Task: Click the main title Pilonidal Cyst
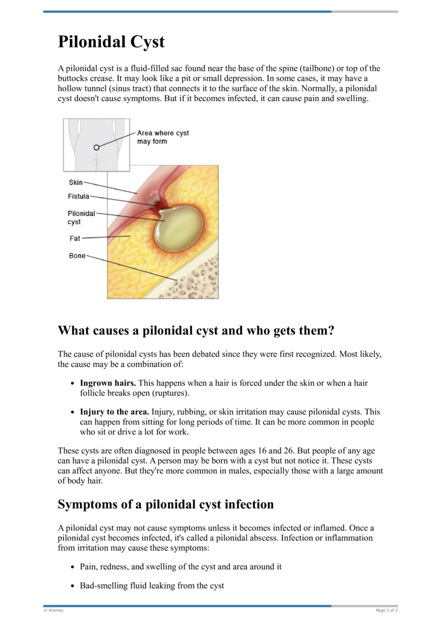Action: point(111,42)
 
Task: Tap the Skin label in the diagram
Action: point(76,182)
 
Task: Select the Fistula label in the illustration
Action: point(78,196)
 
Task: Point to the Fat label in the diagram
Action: point(74,238)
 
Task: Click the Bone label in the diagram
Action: point(77,256)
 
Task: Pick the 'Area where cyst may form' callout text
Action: point(163,137)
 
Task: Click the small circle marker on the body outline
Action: point(96,147)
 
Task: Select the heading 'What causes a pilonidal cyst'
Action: point(196,331)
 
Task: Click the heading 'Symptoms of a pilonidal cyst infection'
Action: point(165,504)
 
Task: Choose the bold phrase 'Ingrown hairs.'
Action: point(108,383)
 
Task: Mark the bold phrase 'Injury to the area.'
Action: point(114,412)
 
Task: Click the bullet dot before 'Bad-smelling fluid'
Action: point(73,586)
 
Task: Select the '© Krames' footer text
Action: point(53,610)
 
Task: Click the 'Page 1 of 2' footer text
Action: point(386,610)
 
